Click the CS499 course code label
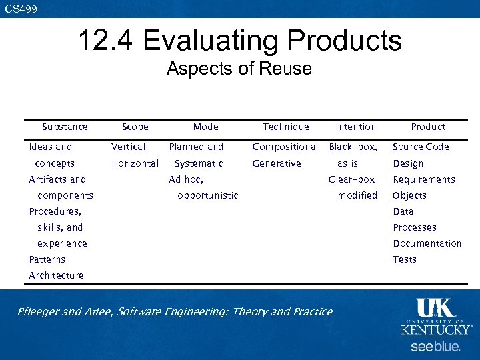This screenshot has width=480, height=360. tap(21, 9)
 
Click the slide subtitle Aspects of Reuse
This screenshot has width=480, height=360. tap(239, 69)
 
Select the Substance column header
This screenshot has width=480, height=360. tap(65, 127)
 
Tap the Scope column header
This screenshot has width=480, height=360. tap(135, 127)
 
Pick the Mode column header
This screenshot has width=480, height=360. tap(205, 127)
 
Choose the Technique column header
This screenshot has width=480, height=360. tap(285, 127)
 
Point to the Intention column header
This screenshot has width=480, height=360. tap(355, 127)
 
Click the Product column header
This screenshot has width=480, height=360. tap(428, 127)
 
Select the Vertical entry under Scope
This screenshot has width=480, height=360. tap(128, 147)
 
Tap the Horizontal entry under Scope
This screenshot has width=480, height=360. tap(135, 163)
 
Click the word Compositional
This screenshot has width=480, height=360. tap(285, 147)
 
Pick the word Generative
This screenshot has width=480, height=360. tap(276, 163)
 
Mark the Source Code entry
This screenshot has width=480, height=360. tap(421, 147)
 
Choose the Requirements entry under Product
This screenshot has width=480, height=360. tap(424, 179)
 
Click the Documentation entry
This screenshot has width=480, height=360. tap(427, 243)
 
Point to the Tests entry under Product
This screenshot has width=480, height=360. tap(405, 259)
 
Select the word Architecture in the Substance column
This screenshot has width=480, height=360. tap(56, 275)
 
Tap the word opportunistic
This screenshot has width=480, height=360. tap(207, 195)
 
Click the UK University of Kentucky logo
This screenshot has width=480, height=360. tap(436, 317)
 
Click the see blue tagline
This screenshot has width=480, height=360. tap(435, 347)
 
